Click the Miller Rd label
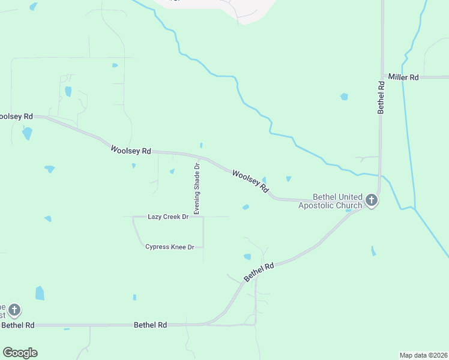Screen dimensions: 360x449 403,77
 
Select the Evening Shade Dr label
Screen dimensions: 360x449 196,188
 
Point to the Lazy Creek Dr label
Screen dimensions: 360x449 168,216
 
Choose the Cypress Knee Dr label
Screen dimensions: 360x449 170,247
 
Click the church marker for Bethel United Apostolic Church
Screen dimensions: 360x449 372,200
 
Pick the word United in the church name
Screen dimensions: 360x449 351,197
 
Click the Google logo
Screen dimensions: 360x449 20,353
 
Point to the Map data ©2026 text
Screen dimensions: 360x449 424,355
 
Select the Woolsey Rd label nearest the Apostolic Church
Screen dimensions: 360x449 250,181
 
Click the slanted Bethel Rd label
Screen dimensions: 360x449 259,272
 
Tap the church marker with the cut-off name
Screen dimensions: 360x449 14,310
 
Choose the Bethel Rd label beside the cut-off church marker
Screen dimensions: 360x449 17,325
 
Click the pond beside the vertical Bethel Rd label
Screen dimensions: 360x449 344,96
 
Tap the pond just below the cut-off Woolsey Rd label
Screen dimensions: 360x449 27,133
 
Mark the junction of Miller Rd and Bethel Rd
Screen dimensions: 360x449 381,77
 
